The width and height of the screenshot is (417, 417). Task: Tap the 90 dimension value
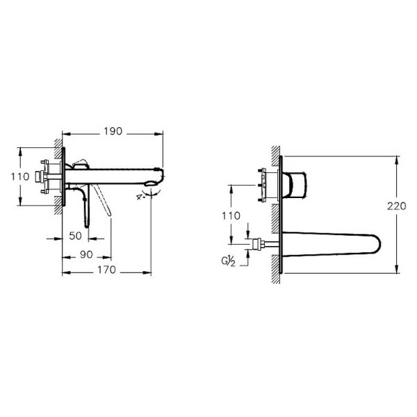click(87, 254)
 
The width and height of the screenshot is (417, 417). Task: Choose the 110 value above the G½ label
click(236, 216)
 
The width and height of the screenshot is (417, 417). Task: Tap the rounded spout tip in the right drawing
click(374, 244)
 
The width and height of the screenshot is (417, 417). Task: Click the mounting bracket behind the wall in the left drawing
click(51, 176)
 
